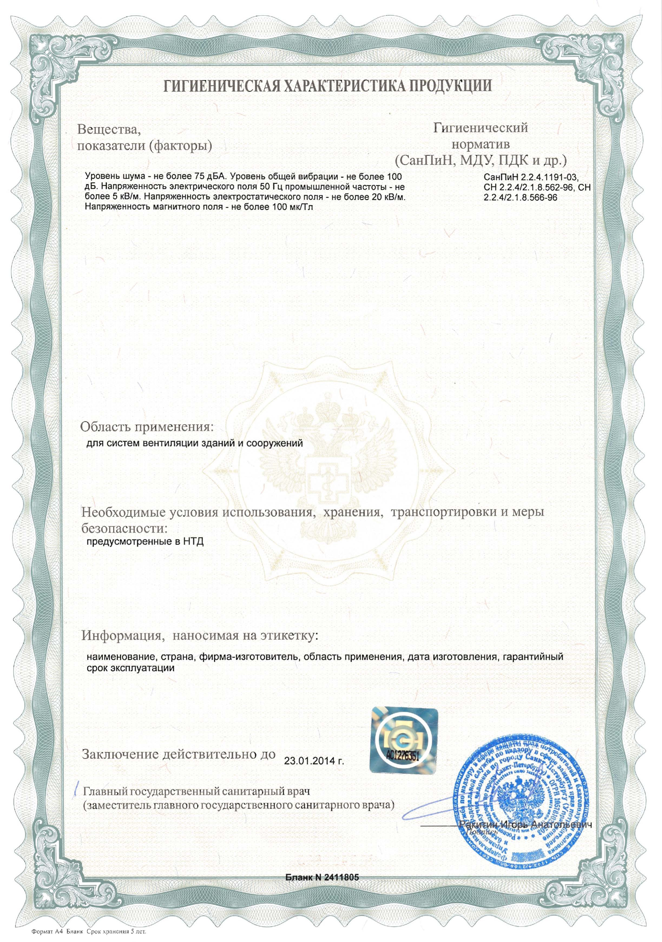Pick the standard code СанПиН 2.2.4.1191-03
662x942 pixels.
(531, 178)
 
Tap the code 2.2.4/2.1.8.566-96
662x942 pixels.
(520, 197)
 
